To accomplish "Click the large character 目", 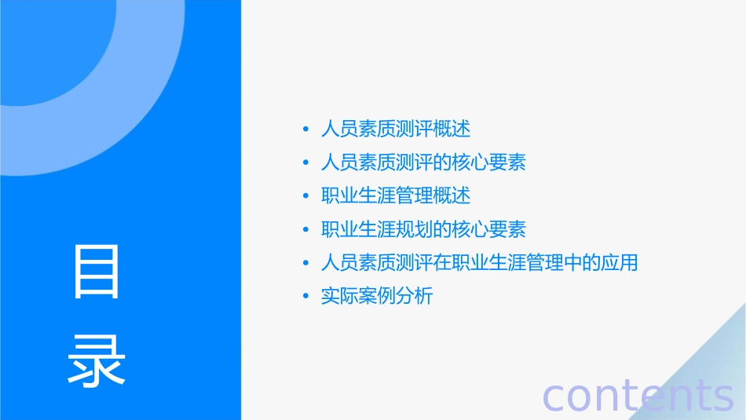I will pyautogui.click(x=97, y=272).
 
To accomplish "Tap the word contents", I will pyautogui.click(x=638, y=394).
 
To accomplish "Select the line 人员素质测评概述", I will pyautogui.click(x=396, y=129).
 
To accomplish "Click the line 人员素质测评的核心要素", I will pyautogui.click(x=423, y=163).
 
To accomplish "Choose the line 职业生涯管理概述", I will pyautogui.click(x=396, y=195).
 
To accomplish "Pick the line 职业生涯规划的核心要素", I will pyautogui.click(x=423, y=229).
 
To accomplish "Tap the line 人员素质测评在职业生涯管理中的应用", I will pyautogui.click(x=479, y=263).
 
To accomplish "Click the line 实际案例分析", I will pyautogui.click(x=377, y=297).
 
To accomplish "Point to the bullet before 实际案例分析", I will pyautogui.click(x=306, y=297).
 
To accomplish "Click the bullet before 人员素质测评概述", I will pyautogui.click(x=306, y=129).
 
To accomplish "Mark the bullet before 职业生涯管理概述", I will pyautogui.click(x=306, y=195).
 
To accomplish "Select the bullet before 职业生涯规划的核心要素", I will pyautogui.click(x=306, y=229).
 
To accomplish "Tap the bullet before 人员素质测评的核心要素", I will pyautogui.click(x=306, y=163).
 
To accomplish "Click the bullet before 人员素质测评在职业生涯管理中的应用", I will pyautogui.click(x=306, y=263).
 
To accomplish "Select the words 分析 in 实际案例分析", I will pyautogui.click(x=414, y=297).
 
